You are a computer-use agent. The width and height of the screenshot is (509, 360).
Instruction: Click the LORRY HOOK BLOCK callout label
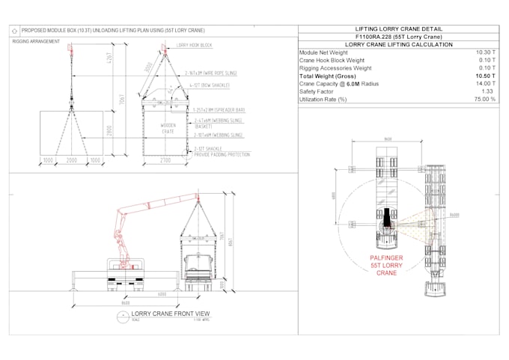194,46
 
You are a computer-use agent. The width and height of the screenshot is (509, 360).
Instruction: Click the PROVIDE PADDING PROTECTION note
222,155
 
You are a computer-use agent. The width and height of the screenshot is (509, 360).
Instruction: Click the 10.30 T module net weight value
486,52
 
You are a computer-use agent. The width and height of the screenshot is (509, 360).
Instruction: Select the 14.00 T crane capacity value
486,83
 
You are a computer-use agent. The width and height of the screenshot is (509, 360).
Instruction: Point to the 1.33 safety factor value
488,91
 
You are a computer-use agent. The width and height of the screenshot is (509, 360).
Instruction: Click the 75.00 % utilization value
484,99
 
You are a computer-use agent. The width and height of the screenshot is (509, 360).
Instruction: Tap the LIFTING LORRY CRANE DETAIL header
397,29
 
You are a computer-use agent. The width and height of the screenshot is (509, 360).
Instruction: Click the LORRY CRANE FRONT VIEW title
171,314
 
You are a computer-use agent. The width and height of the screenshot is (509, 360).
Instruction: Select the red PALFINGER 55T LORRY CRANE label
387,265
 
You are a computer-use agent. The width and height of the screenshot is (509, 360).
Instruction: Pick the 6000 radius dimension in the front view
161,294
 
